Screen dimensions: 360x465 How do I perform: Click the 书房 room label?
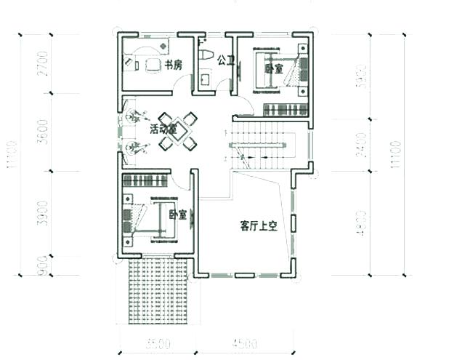[x=173, y=65]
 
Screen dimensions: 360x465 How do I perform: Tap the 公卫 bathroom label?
[x=226, y=61]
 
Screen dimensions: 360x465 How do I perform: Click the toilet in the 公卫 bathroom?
[x=206, y=55]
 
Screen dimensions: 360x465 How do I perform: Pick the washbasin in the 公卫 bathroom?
[x=205, y=76]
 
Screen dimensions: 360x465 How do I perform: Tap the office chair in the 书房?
[x=153, y=65]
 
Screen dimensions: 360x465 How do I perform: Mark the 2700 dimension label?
[x=43, y=64]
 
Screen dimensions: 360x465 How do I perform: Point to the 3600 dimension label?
[x=43, y=132]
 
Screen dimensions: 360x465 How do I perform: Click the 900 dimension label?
[x=43, y=265]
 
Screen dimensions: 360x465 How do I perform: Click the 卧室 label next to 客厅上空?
[x=177, y=215]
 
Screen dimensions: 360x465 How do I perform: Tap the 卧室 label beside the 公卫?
[x=273, y=69]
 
